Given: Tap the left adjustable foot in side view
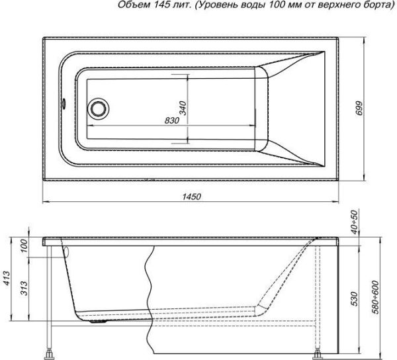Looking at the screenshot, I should [x=50, y=348].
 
